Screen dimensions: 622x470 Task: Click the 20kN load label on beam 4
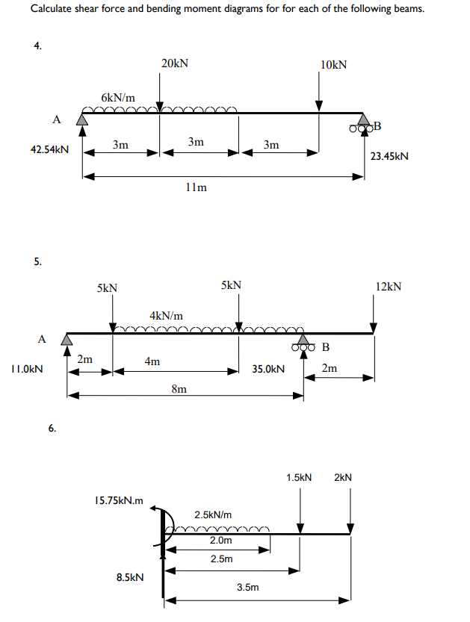point(175,63)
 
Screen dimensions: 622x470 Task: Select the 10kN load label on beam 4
point(333,65)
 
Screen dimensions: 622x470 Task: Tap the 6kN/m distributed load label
point(118,98)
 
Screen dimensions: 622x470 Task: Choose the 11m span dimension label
point(197,188)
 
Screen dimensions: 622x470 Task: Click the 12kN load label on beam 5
point(389,286)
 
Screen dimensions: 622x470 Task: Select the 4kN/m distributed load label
point(166,316)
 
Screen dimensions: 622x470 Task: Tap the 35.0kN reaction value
point(268,369)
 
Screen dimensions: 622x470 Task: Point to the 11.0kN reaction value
point(26,369)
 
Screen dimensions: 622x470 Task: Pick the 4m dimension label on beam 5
point(152,362)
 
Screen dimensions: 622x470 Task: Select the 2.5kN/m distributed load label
point(213,515)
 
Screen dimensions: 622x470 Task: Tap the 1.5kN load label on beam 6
point(299,476)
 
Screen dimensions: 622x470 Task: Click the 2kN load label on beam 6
point(343,476)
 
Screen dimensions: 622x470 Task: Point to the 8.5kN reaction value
point(130,577)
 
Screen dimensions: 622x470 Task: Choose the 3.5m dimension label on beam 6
point(248,588)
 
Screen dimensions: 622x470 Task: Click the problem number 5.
point(37,261)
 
